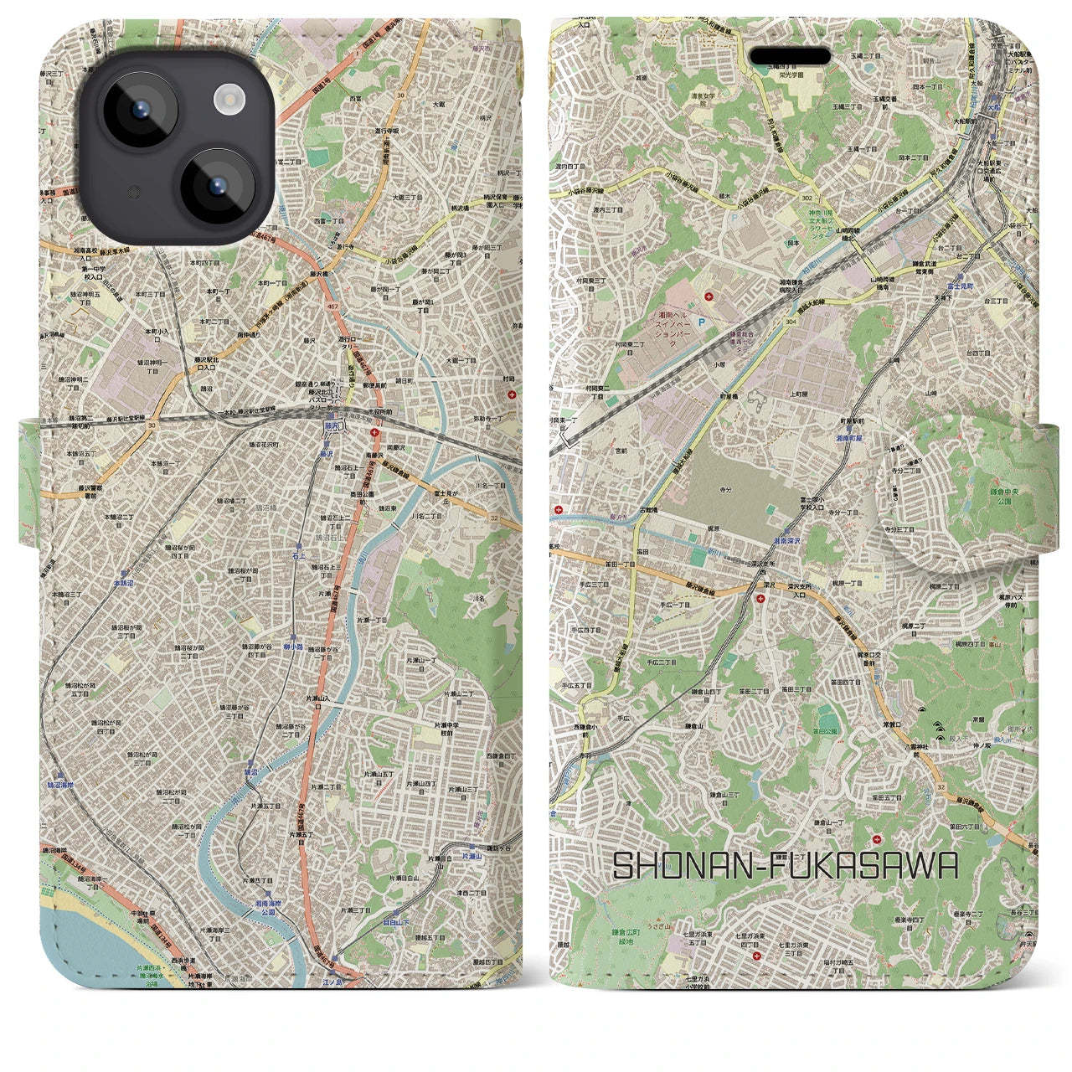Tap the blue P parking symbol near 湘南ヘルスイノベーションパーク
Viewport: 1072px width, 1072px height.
tap(714, 319)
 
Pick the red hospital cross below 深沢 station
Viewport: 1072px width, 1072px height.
tap(760, 598)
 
